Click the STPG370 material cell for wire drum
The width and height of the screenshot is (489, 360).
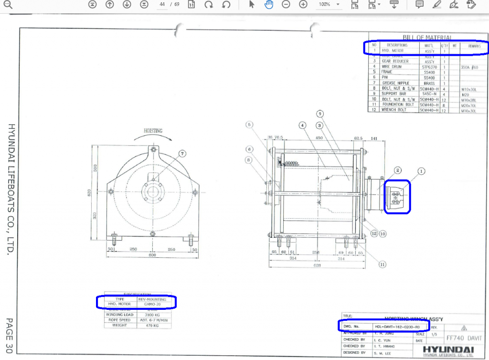(x=429, y=67)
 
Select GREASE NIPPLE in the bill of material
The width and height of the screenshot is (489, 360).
(x=395, y=83)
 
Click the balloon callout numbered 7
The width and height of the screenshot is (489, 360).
(x=182, y=153)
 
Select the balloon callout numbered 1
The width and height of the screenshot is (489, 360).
(x=421, y=170)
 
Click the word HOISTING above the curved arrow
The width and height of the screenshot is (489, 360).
(x=153, y=130)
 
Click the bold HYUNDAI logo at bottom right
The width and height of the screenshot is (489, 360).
(x=447, y=349)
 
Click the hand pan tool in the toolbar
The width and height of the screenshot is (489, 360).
(x=269, y=4)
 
